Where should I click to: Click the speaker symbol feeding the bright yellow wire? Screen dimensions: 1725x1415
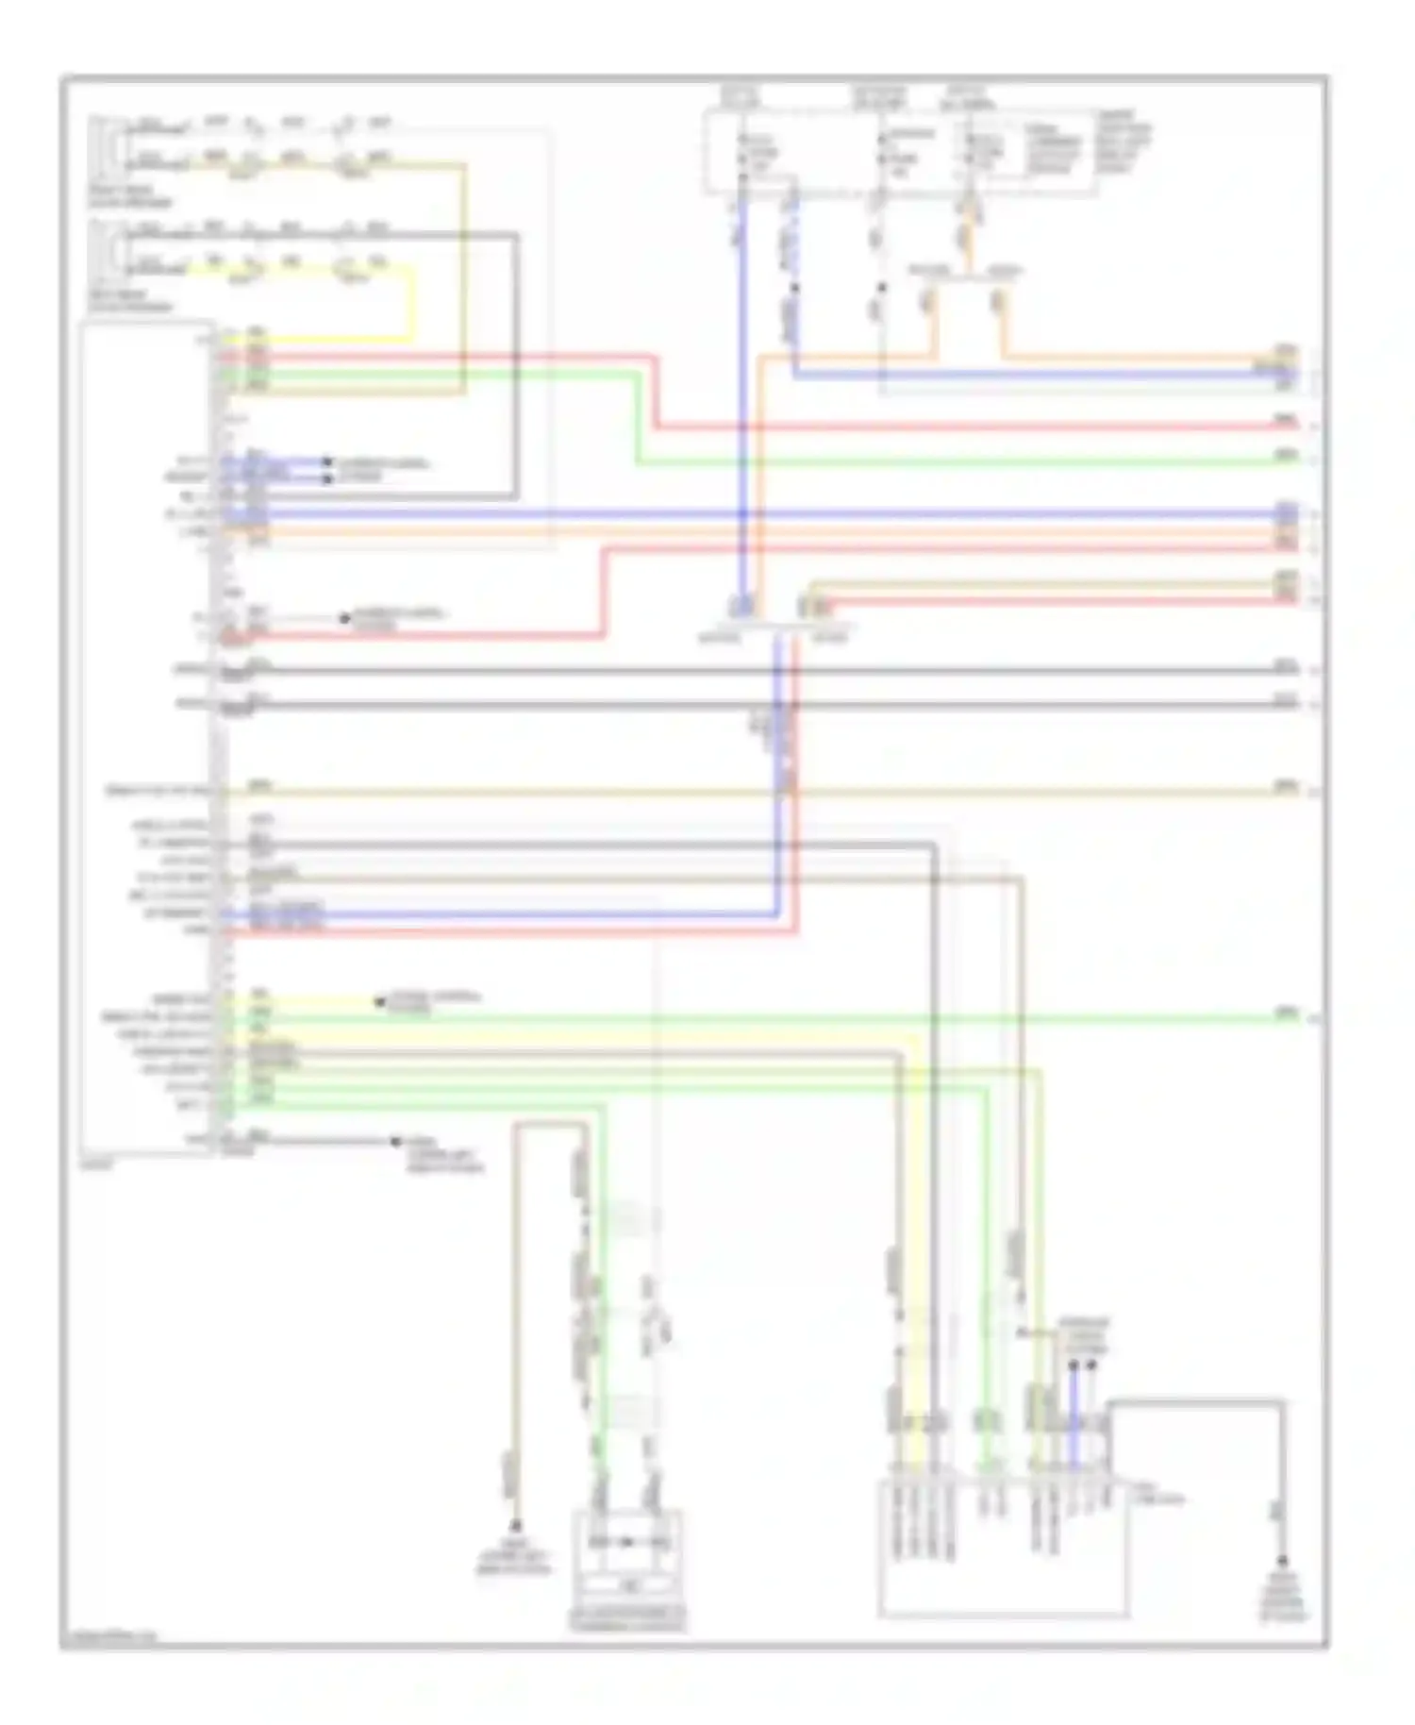click(101, 247)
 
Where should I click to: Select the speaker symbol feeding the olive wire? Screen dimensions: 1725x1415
click(101, 143)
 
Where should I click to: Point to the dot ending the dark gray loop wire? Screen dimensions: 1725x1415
click(1282, 1562)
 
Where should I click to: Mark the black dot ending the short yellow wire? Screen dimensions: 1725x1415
click(379, 1002)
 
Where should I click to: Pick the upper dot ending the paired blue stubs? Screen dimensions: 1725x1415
click(327, 461)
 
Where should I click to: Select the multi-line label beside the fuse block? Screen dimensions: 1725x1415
click(1124, 142)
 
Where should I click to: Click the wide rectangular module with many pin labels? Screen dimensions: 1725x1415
click(1002, 1548)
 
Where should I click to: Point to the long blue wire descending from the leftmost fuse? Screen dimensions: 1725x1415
click(742, 396)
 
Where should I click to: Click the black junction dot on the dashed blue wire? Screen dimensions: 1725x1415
click(794, 287)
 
